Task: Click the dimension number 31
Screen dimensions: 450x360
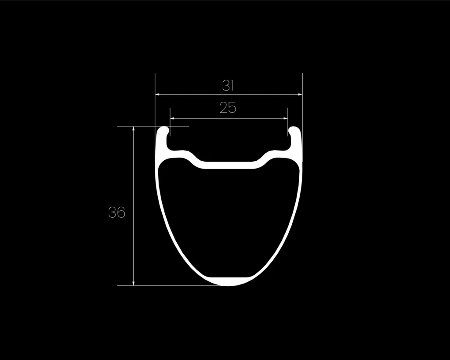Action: tap(228, 86)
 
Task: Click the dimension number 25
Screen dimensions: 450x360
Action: tap(228, 108)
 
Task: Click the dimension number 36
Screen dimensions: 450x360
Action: tap(117, 212)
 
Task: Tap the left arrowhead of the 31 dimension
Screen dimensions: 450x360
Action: tap(157, 94)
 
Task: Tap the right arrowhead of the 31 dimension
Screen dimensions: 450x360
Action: tap(300, 94)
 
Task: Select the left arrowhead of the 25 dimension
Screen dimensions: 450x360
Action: tap(172, 119)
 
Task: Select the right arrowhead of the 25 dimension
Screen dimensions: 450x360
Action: tap(286, 119)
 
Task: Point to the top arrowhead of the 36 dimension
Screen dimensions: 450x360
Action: tap(134, 128)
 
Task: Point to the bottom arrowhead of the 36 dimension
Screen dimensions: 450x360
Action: tap(134, 284)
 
